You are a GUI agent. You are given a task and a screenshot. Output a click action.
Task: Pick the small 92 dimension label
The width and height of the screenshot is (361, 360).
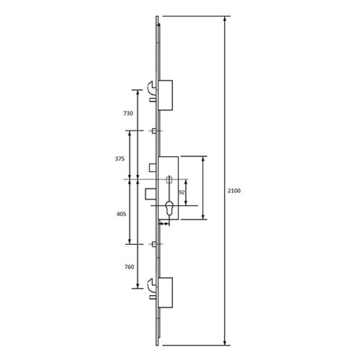coord(182,193)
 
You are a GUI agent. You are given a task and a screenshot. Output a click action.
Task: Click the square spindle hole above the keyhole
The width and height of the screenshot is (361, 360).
coord(169,179)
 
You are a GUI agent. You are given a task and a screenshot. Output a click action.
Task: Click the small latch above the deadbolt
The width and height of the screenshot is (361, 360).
coord(152,168)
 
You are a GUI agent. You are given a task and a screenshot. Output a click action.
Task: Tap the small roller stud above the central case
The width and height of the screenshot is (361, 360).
coord(153,130)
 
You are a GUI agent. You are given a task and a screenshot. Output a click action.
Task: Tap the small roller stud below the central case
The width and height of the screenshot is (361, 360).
coord(153,245)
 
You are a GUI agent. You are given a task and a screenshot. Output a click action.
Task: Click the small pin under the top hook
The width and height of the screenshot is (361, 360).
coord(152,102)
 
